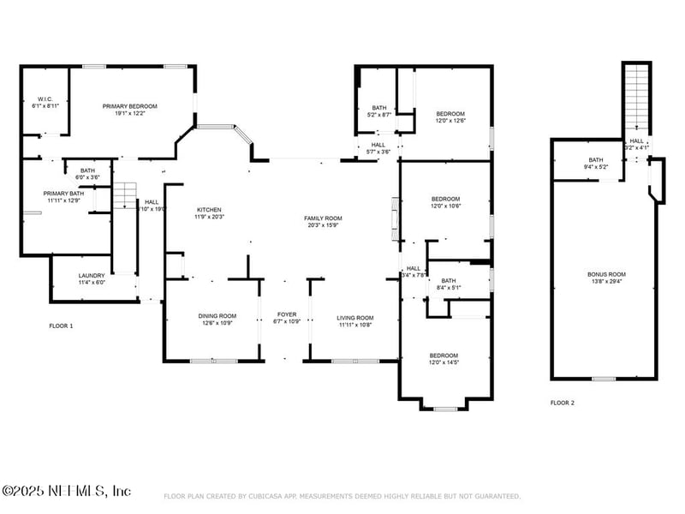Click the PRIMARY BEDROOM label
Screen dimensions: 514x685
(x=130, y=106)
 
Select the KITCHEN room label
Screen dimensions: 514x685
(x=210, y=210)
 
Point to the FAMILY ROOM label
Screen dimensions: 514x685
(x=323, y=218)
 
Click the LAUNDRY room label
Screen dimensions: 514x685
(x=92, y=276)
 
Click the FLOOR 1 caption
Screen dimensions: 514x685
(x=61, y=326)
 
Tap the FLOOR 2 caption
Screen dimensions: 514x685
(x=562, y=402)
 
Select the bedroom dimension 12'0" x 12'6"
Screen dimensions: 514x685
(x=450, y=122)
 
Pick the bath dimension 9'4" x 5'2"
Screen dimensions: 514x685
(x=595, y=167)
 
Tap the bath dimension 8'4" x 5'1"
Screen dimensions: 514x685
(x=449, y=288)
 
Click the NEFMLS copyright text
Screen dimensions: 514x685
(x=67, y=491)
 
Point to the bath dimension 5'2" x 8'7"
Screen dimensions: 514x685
(x=378, y=114)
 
